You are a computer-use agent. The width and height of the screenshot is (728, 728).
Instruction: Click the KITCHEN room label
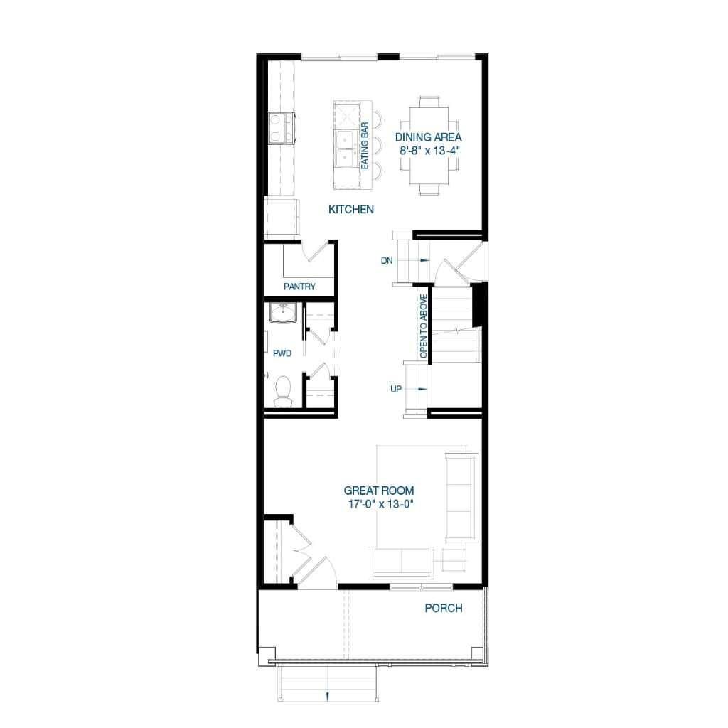350,210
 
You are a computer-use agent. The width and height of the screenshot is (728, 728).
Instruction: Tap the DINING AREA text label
428,137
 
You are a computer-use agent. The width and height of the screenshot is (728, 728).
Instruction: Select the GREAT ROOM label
378,491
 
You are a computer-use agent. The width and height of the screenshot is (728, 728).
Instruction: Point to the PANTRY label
299,287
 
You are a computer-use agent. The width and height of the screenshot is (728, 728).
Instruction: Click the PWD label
282,353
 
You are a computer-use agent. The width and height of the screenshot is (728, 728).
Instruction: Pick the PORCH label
443,608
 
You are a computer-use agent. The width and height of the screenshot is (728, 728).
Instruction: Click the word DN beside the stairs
386,261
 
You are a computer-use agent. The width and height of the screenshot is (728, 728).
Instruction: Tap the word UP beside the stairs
396,389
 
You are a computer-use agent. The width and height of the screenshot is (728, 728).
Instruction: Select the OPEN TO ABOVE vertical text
424,326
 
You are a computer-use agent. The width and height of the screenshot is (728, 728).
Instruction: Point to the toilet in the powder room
283,391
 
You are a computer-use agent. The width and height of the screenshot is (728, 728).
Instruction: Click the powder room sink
283,312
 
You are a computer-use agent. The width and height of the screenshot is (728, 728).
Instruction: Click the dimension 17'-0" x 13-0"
378,504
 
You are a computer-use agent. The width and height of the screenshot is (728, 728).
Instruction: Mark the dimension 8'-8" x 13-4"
428,151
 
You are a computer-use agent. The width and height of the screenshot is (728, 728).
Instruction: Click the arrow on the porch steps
327,695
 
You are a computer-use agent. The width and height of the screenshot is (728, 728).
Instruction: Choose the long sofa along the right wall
461,496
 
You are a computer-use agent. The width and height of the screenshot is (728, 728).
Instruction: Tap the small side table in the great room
454,560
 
